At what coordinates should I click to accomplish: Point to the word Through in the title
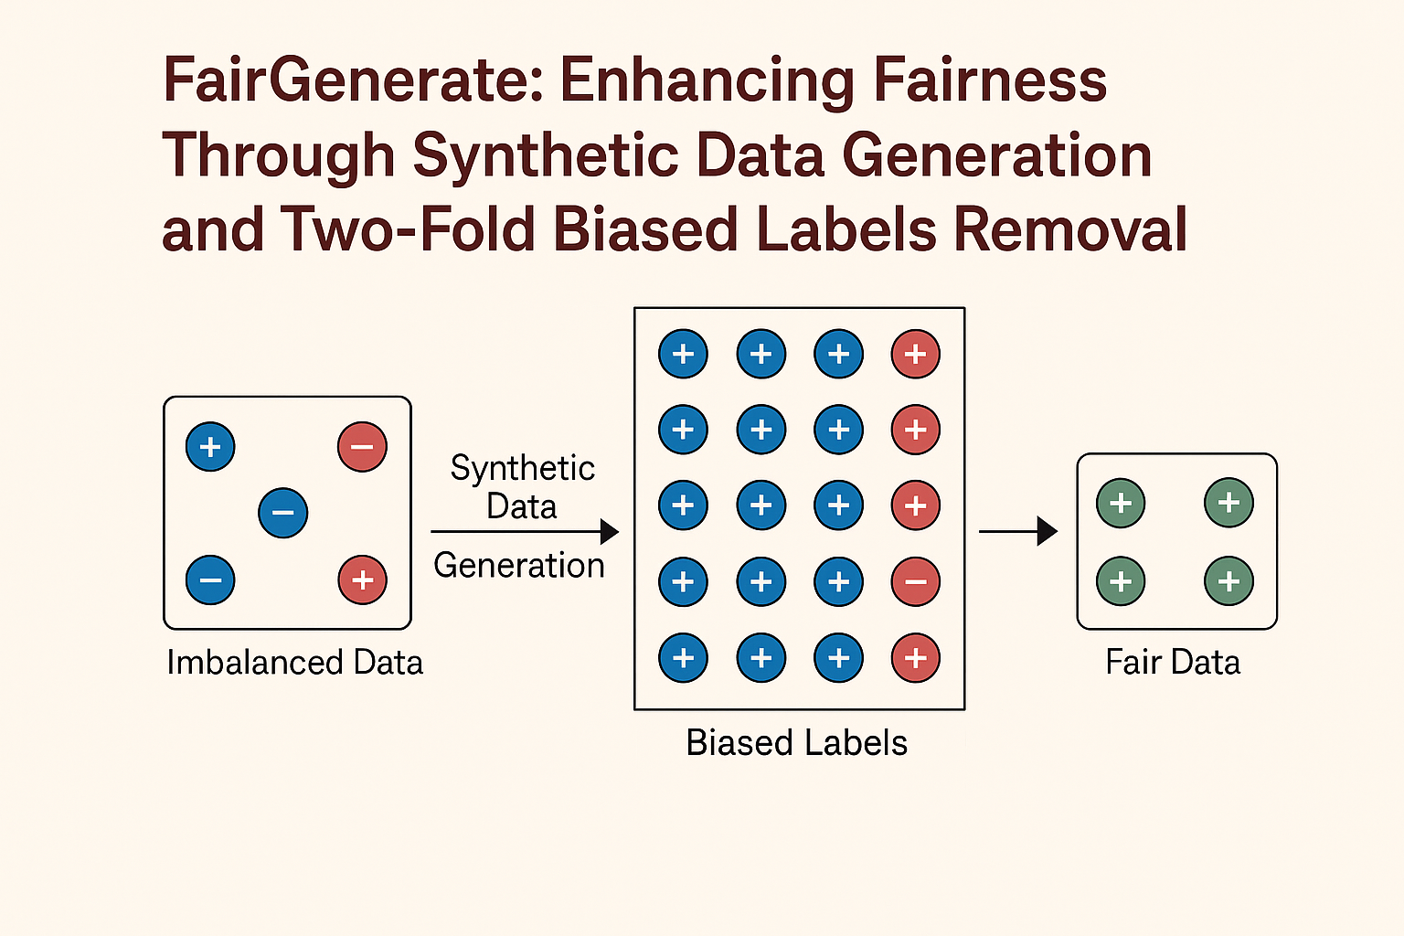[278, 156]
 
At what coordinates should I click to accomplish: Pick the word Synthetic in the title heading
[546, 156]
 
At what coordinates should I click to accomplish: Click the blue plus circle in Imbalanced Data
[210, 447]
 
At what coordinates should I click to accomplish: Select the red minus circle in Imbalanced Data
[362, 447]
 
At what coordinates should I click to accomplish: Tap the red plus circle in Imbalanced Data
[362, 580]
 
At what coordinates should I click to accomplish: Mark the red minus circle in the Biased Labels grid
[915, 581]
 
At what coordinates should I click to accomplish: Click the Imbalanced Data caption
[294, 663]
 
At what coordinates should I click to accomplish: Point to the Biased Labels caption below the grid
[797, 743]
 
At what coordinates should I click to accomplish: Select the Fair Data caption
[1173, 663]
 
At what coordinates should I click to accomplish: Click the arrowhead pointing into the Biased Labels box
[610, 531]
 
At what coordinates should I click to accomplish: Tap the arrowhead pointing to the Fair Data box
[1048, 531]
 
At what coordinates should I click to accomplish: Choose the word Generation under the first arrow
[519, 566]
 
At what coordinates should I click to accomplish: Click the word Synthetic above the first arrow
[523, 468]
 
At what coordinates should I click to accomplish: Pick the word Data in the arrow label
[521, 506]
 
